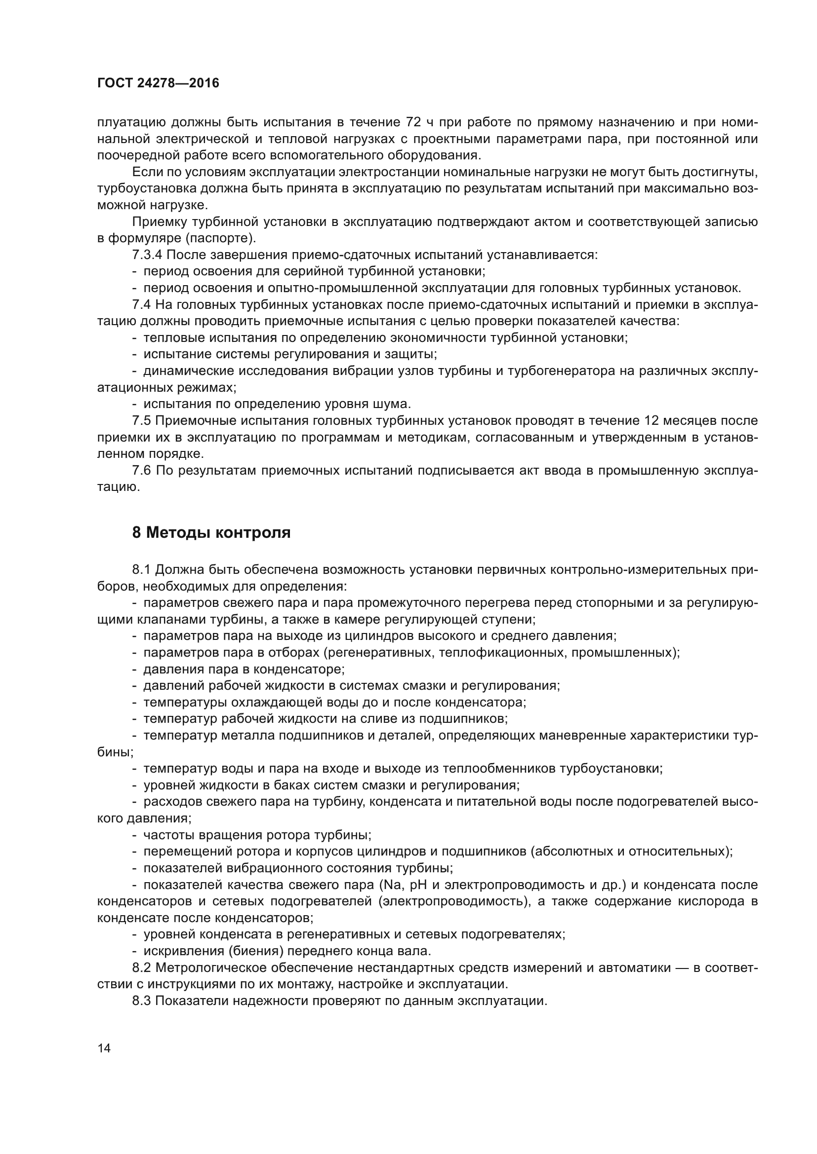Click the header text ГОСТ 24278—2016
(158, 83)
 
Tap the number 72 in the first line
(409, 122)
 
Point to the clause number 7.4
(141, 304)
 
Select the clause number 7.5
(141, 421)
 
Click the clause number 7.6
(141, 471)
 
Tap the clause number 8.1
(141, 569)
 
